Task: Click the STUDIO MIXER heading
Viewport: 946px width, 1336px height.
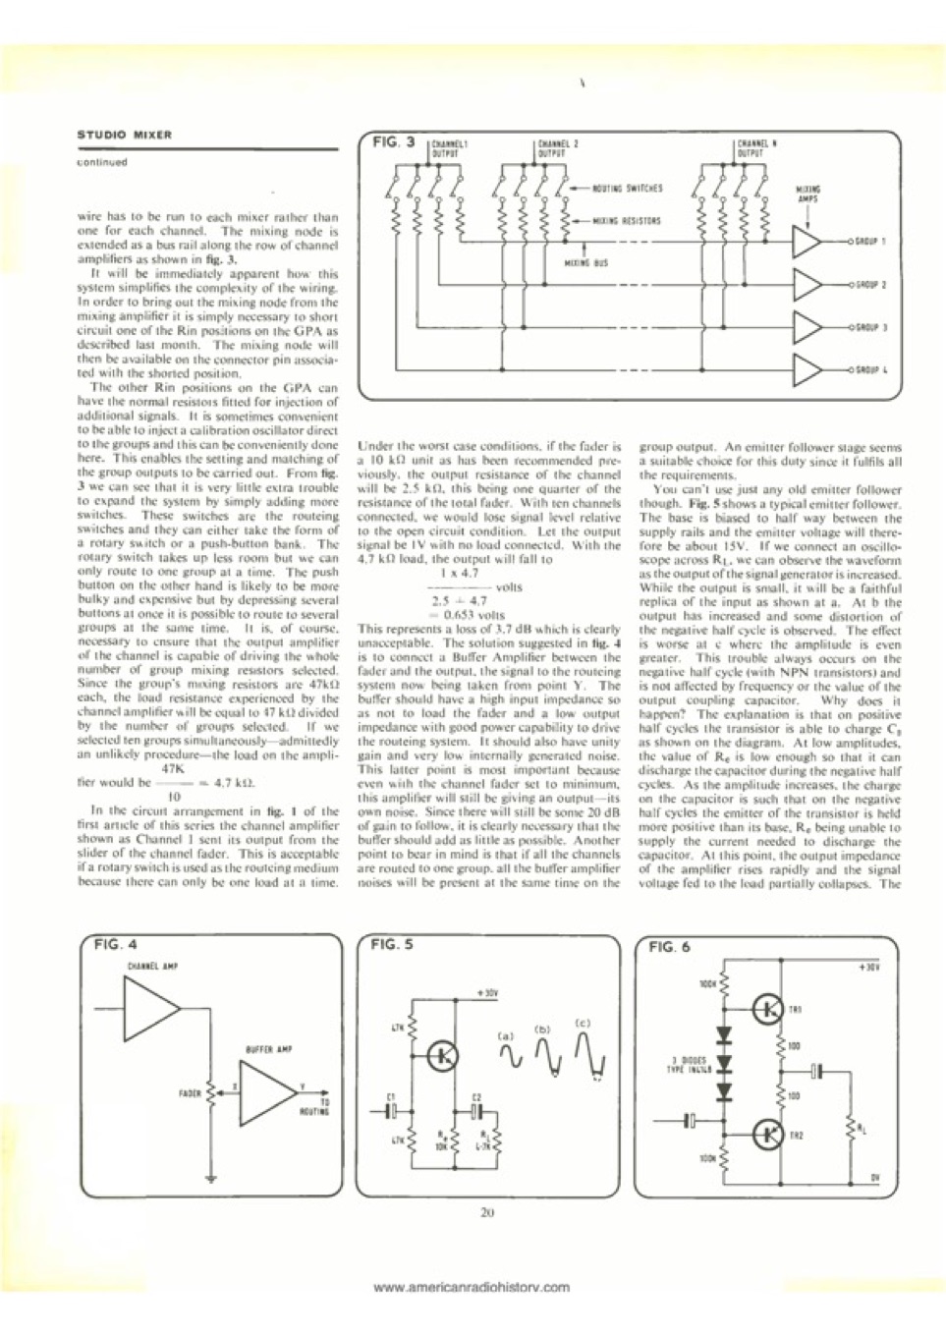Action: pyautogui.click(x=124, y=135)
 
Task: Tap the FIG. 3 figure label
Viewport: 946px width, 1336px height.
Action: pyautogui.click(x=395, y=142)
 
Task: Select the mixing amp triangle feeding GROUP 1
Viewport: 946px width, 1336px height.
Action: pyautogui.click(x=807, y=242)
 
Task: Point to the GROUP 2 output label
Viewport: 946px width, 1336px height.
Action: pyautogui.click(x=869, y=285)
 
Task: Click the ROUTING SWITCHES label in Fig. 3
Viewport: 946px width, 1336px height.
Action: pyautogui.click(x=628, y=188)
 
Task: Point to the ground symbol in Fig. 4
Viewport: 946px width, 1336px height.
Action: pyautogui.click(x=210, y=1176)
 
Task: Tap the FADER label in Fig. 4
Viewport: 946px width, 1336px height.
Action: pyautogui.click(x=190, y=1092)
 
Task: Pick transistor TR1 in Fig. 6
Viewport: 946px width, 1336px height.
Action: pyautogui.click(x=766, y=1008)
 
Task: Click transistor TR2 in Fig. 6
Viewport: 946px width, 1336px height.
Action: pyautogui.click(x=766, y=1134)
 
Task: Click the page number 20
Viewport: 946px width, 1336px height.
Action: pyautogui.click(x=487, y=1212)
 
